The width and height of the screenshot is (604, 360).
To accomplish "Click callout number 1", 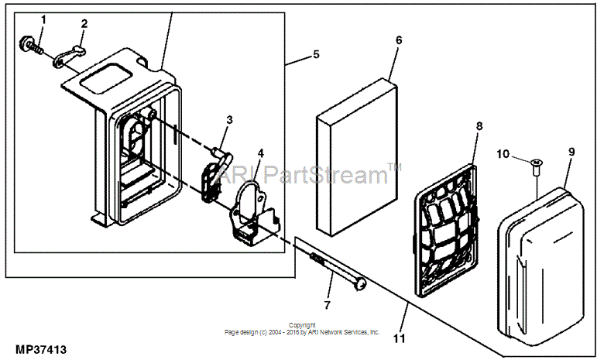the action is click(x=43, y=19).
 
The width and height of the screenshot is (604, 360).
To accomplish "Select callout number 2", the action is click(x=84, y=23).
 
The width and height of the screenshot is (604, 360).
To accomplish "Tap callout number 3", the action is click(x=229, y=120).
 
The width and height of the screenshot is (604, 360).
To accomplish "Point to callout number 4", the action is click(x=261, y=153).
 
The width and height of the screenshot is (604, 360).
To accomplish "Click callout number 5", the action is click(x=316, y=54).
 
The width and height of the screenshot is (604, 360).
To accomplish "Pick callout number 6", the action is click(x=399, y=40).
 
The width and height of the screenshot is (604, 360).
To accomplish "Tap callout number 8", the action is click(x=479, y=126).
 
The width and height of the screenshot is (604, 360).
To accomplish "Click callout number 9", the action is click(x=571, y=152).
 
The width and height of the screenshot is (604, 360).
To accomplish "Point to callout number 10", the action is click(x=503, y=154).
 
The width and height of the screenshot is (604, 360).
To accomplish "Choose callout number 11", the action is click(x=399, y=338).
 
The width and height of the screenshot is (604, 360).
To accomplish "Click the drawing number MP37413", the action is click(x=41, y=350).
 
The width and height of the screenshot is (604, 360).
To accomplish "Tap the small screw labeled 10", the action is click(x=535, y=167).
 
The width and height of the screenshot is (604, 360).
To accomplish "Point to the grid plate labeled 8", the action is click(x=446, y=230).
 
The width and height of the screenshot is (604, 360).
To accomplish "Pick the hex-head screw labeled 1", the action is click(x=29, y=43).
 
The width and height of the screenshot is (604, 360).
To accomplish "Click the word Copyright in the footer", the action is click(x=302, y=325).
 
